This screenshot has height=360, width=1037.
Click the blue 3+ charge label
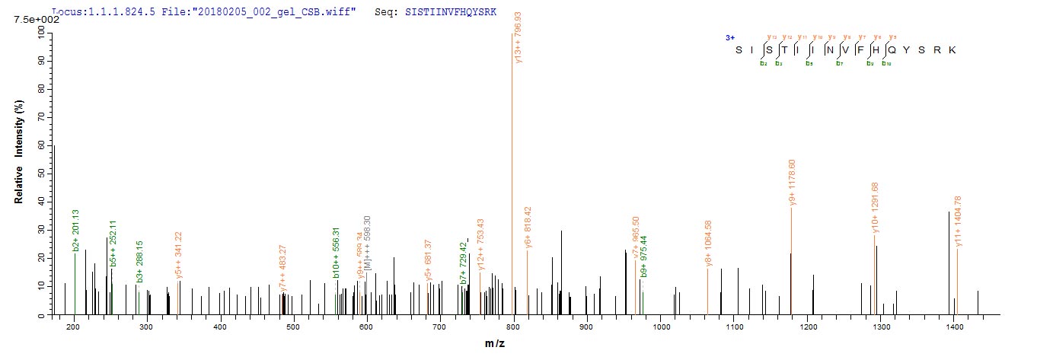[x=729, y=37]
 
